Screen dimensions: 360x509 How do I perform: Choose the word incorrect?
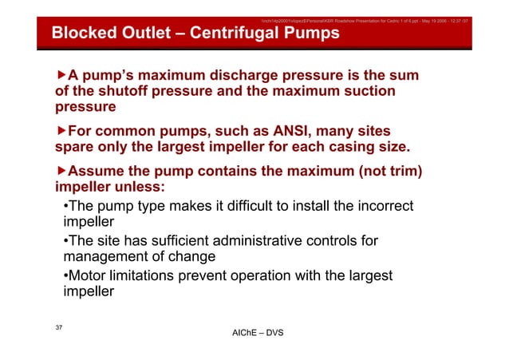(381, 206)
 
